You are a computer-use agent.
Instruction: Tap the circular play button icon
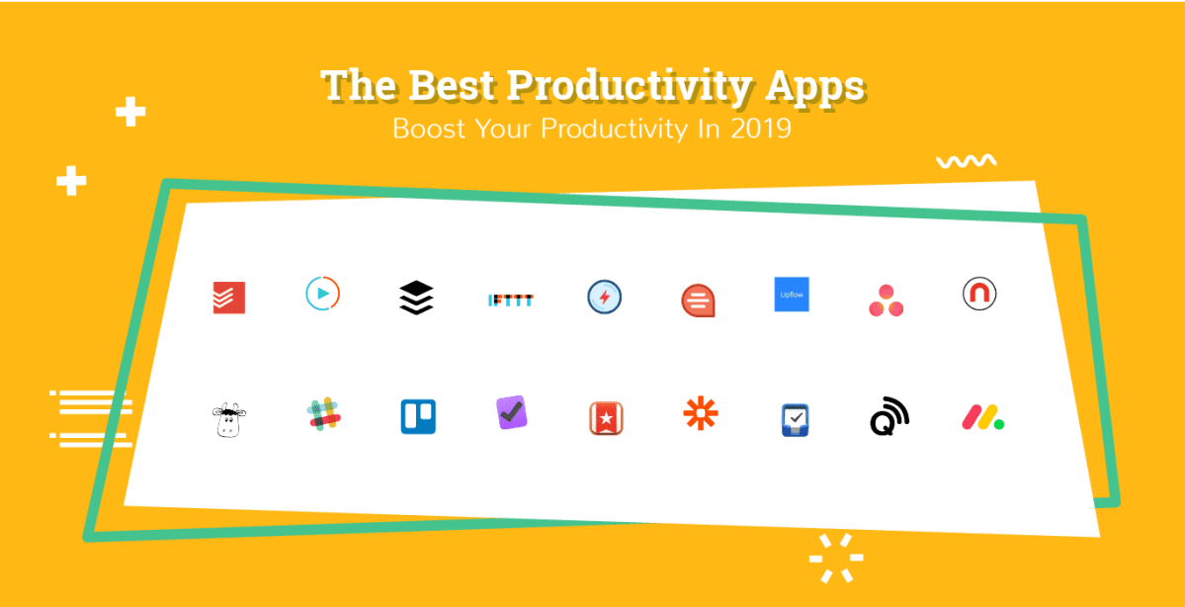pyautogui.click(x=322, y=294)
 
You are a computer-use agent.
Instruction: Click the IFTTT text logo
pyautogui.click(x=511, y=299)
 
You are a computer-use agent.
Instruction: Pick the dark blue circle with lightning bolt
pyautogui.click(x=604, y=298)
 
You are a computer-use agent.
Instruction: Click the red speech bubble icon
pyautogui.click(x=698, y=300)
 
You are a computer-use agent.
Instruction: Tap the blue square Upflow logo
pyautogui.click(x=792, y=295)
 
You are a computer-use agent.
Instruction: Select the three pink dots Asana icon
pyautogui.click(x=886, y=301)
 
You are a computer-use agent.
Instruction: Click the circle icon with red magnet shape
pyautogui.click(x=979, y=294)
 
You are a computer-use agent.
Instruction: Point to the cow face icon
pyautogui.click(x=228, y=420)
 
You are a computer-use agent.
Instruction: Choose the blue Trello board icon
pyautogui.click(x=418, y=416)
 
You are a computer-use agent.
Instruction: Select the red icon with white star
pyautogui.click(x=604, y=417)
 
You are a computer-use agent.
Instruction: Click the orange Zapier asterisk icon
pyautogui.click(x=701, y=412)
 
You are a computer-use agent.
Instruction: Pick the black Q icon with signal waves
pyautogui.click(x=889, y=416)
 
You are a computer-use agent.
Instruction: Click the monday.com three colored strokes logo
pyautogui.click(x=982, y=417)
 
